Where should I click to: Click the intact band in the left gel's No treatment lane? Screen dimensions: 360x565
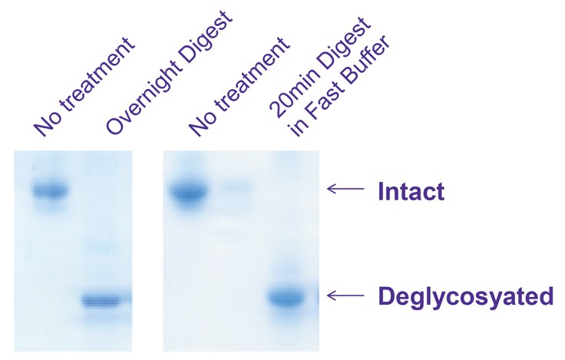[x=50, y=190]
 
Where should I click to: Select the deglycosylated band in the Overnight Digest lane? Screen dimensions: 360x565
[x=107, y=300]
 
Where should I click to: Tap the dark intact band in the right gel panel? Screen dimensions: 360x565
[x=190, y=192]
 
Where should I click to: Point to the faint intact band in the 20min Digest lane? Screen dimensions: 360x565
[x=238, y=187]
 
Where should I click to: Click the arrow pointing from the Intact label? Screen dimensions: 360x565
[x=345, y=187]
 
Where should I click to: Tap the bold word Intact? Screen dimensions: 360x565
[x=411, y=191]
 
